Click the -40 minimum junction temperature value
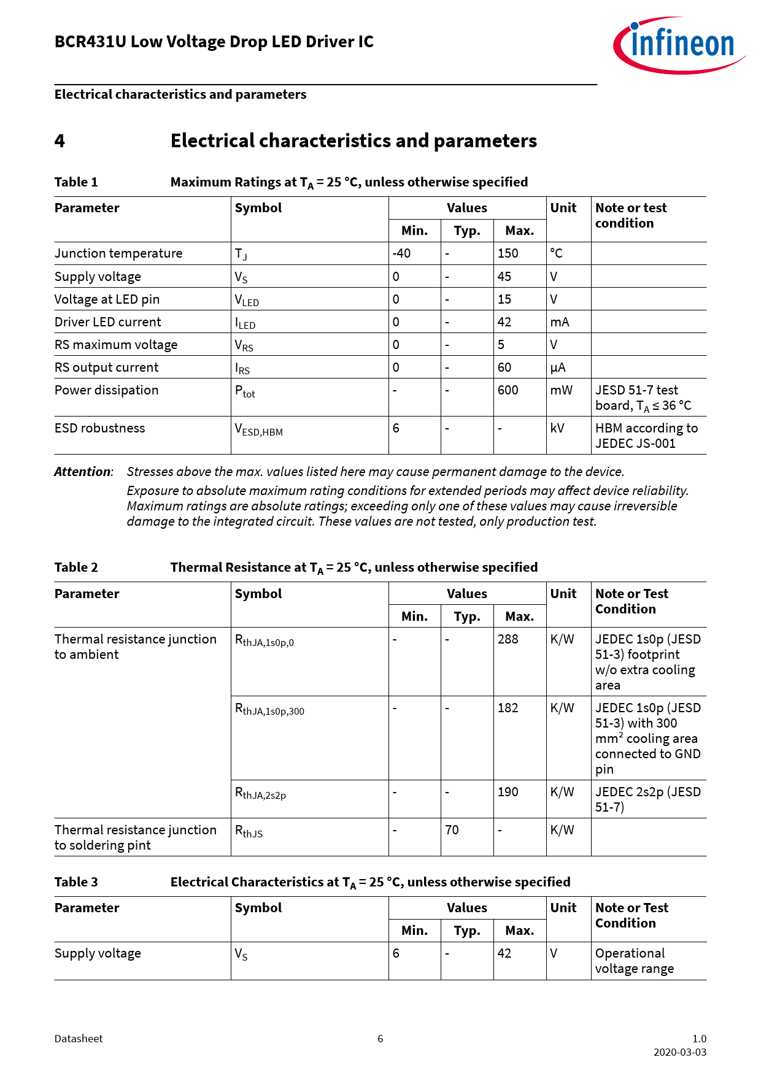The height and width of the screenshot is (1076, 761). click(x=402, y=253)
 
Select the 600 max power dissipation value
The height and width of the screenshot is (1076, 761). click(x=508, y=390)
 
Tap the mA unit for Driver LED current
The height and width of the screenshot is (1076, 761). click(x=560, y=322)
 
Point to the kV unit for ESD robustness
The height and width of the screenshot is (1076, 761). click(x=557, y=428)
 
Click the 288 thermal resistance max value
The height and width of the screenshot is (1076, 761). click(x=508, y=639)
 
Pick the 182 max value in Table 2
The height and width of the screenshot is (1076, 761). click(x=508, y=708)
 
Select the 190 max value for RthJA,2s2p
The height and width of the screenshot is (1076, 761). click(x=508, y=792)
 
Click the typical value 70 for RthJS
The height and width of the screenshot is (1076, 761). click(x=452, y=830)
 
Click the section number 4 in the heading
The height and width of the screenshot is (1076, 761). click(x=60, y=141)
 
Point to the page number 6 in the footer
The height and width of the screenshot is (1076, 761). click(x=381, y=1039)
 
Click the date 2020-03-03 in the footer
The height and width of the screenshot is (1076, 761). click(x=679, y=1052)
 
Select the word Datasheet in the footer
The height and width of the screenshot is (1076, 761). click(x=79, y=1039)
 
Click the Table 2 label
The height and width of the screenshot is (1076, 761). click(x=76, y=567)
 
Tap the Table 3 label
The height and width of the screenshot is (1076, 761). click(x=76, y=882)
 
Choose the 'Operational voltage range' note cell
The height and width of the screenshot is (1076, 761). click(x=634, y=961)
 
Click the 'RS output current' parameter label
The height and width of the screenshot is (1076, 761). click(x=107, y=367)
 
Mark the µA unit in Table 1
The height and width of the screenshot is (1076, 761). click(x=558, y=367)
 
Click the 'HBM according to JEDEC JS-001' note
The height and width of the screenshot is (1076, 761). click(x=646, y=436)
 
